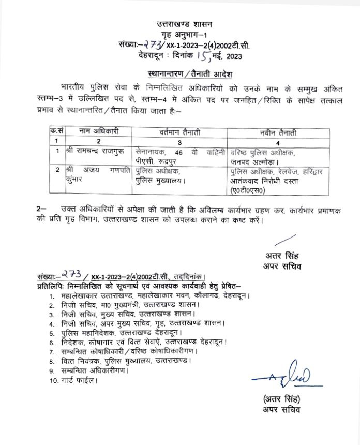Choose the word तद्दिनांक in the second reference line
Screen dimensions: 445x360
[x=188, y=277]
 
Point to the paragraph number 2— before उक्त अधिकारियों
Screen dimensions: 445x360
[x=41, y=208]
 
